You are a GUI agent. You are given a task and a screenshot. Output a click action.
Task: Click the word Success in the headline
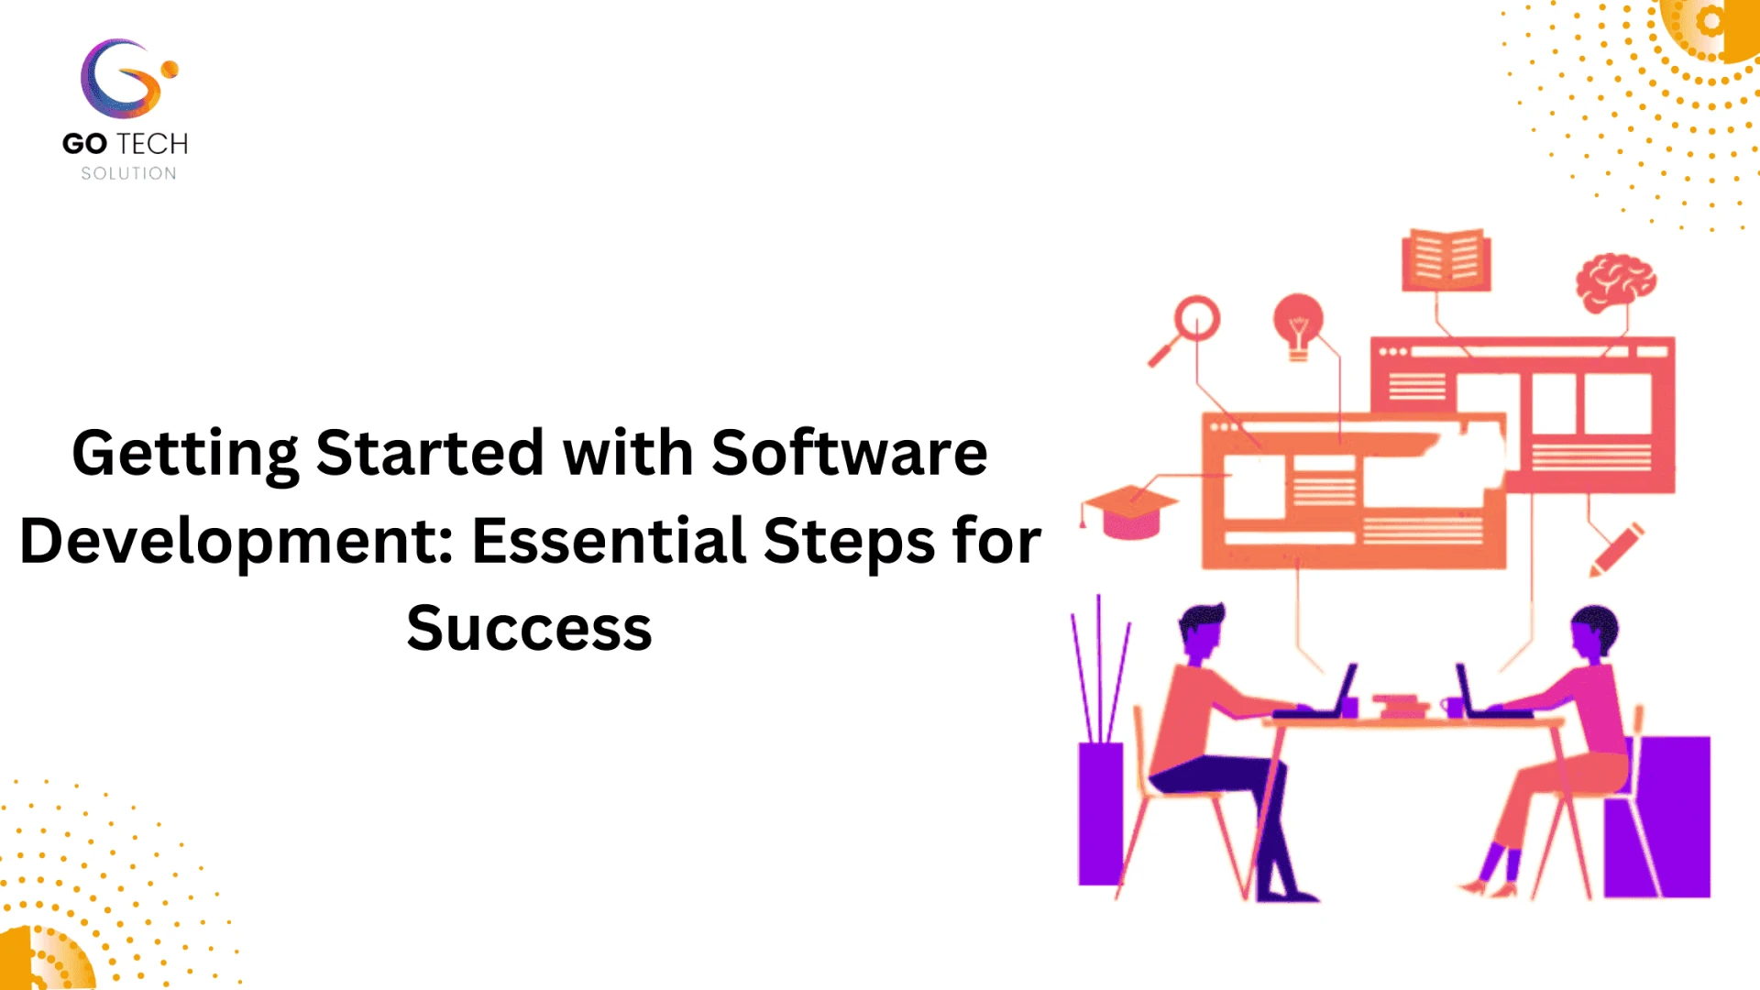(529, 628)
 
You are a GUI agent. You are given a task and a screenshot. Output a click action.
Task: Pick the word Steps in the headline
(849, 540)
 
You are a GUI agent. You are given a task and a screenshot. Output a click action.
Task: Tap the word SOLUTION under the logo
(128, 173)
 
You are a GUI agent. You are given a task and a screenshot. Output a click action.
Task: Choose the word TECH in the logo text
(152, 144)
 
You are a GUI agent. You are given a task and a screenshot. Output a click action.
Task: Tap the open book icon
(1446, 260)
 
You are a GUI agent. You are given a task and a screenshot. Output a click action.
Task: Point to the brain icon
(1615, 281)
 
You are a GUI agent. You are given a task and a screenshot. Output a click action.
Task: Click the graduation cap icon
(1130, 512)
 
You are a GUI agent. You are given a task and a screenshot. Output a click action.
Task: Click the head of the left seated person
(1202, 631)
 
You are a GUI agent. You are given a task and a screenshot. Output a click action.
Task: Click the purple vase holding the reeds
(1100, 813)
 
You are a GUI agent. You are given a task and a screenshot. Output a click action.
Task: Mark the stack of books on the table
(1400, 705)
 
